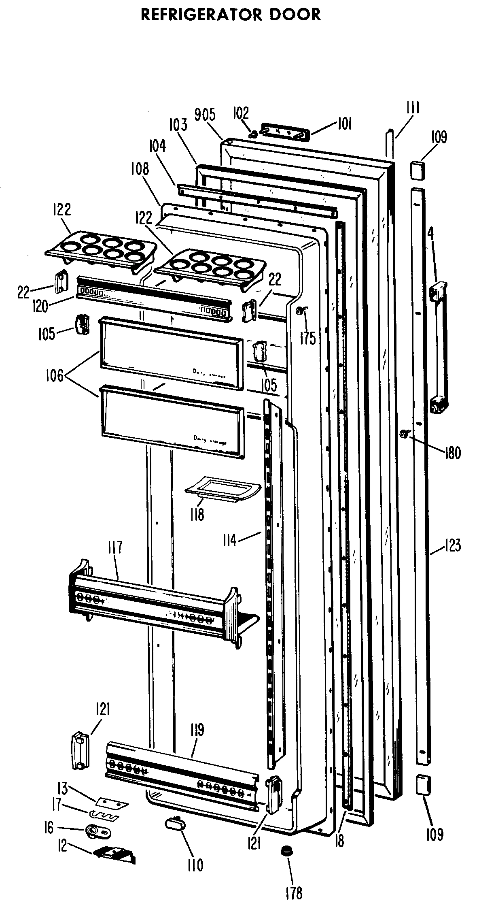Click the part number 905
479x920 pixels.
pyautogui.click(x=205, y=115)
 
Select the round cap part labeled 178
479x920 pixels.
pyautogui.click(x=286, y=862)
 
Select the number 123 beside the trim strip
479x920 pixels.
pyautogui.click(x=452, y=545)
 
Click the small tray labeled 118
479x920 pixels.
pyautogui.click(x=223, y=488)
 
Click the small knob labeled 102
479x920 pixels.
pyautogui.click(x=253, y=133)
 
